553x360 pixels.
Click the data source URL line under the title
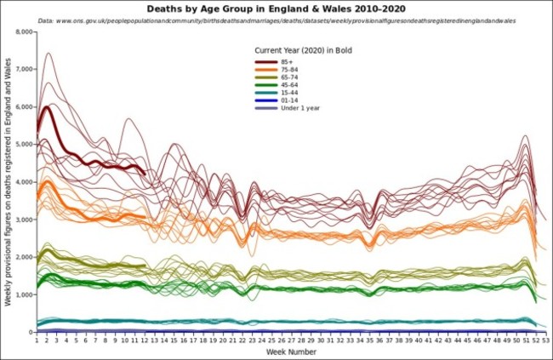[x=276, y=20]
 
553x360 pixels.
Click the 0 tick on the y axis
[x=28, y=332]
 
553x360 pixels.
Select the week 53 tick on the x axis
[x=545, y=340]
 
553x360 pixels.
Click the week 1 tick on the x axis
[x=37, y=340]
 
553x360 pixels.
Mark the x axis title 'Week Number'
[x=291, y=351]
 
